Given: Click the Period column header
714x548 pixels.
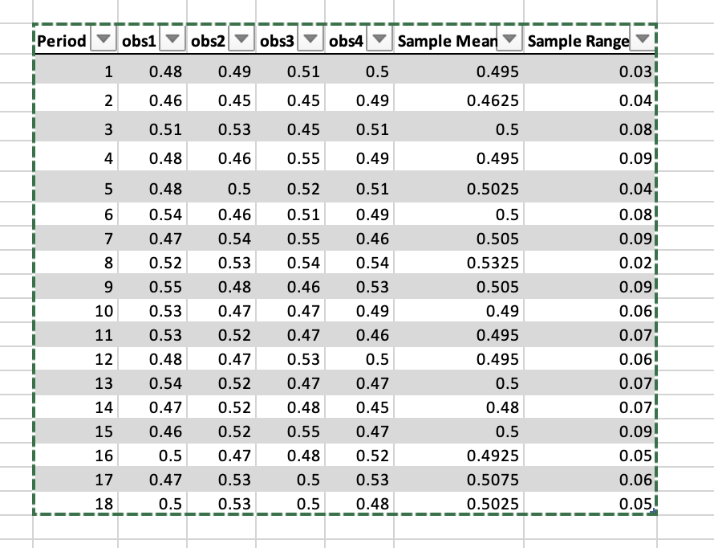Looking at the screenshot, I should [62, 41].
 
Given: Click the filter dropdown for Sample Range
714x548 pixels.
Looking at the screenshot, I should [641, 41].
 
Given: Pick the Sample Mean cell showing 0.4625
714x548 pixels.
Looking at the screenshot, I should [497, 101].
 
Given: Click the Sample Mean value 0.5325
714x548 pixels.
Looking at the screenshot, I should [497, 263].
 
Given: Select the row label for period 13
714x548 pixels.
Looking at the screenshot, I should [104, 382].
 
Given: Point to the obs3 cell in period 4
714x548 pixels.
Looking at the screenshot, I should [304, 159].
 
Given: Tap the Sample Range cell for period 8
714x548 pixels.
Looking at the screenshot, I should [637, 263].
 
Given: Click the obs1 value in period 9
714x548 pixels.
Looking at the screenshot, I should [166, 287].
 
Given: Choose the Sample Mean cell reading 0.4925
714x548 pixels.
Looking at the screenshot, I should [497, 456].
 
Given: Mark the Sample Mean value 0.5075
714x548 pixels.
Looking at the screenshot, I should [497, 481].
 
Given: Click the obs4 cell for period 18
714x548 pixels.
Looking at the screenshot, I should [373, 504].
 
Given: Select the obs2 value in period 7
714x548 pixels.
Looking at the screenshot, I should [235, 239].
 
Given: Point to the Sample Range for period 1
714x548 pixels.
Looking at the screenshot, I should [637, 72].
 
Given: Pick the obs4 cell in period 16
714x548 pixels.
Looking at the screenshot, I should [373, 456].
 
